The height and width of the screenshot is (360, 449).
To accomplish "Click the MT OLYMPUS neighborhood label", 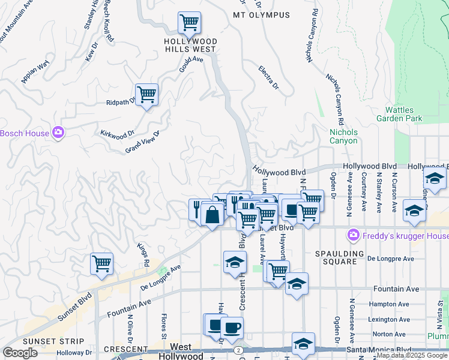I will coord(261,15).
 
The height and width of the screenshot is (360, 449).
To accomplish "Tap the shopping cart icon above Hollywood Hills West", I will coord(189,23).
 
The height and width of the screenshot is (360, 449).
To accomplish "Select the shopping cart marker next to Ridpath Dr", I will coord(146,95).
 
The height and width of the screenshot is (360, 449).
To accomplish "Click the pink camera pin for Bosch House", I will coord(58,133).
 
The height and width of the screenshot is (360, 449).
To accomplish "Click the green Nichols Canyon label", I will coord(343,136).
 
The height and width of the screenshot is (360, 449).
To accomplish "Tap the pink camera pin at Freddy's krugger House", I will coord(354,235).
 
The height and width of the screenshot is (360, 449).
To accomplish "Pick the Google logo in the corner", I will coord(20,353).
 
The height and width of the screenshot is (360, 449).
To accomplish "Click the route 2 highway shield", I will coord(239,350).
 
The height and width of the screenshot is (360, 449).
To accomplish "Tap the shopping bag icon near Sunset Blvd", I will coord(212,214).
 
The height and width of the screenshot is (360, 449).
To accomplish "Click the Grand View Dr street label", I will coord(142,142).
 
